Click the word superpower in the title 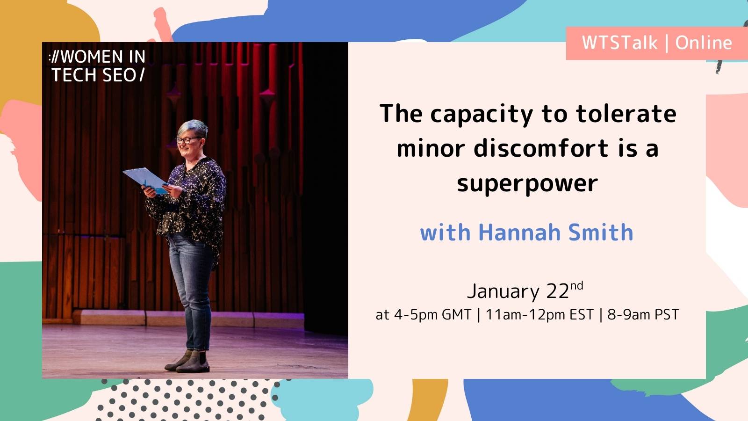[527, 184]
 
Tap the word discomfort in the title [541, 149]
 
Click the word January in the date [503, 291]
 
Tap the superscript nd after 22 [576, 285]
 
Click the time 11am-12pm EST [539, 315]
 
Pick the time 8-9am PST [643, 315]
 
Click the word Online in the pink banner [703, 43]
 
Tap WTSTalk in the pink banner [619, 43]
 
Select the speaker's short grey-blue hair [194, 127]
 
